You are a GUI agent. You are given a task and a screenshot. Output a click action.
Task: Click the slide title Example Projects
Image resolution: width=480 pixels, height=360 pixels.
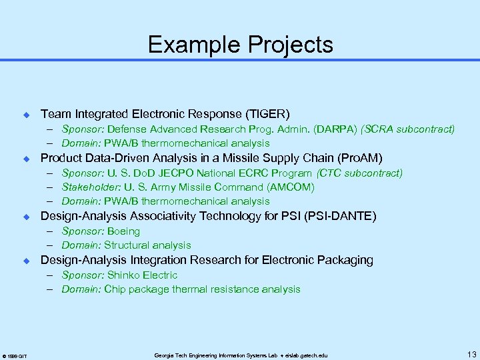coord(240,45)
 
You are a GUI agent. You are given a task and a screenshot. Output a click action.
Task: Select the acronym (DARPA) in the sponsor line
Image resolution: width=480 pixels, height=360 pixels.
coord(333,129)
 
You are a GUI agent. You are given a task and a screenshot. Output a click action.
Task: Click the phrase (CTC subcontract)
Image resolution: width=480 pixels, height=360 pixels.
coord(360,173)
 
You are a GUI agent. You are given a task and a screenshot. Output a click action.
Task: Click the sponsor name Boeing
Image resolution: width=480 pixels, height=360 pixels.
coord(123,231)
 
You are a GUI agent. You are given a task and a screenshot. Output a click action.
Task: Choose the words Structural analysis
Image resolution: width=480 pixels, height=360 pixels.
coord(147,245)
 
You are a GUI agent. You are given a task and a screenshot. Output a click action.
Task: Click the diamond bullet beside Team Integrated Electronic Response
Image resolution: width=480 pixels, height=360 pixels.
coord(27,115)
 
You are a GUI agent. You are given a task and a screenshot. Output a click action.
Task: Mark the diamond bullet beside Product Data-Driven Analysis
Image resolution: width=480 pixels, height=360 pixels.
coord(27,159)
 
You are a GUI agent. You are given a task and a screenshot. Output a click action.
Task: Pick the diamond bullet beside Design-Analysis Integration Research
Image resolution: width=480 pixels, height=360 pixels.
coord(27,261)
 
